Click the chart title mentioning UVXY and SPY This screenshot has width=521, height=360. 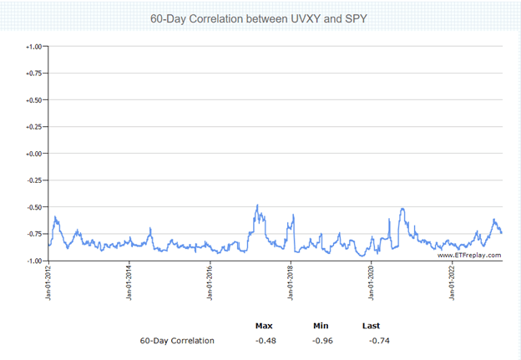pos(260,18)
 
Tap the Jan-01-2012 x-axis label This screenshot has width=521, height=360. pos(48,283)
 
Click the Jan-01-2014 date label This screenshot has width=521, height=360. pos(129,283)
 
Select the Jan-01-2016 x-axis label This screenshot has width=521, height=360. pos(210,283)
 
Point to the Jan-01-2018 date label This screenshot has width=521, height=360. pos(291,283)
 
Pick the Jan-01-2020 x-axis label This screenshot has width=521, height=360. pos(371,283)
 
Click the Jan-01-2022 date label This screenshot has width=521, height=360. pos(452,283)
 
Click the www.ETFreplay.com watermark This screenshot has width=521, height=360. pos(469,255)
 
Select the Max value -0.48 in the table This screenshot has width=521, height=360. pos(266,341)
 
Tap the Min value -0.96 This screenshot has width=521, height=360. pos(322,341)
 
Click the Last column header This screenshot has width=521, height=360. pos(372,326)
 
